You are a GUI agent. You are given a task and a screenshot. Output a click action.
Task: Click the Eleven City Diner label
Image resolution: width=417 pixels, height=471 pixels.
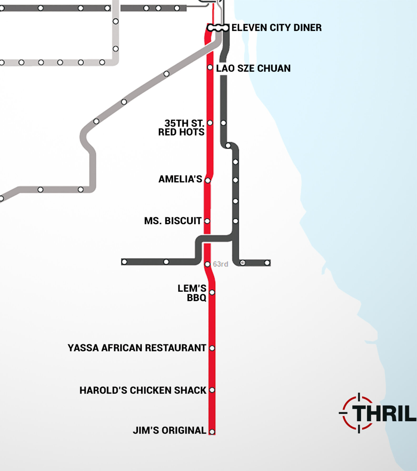[x=276, y=28]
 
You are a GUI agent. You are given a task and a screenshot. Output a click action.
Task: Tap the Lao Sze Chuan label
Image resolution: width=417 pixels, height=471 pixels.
[x=253, y=69]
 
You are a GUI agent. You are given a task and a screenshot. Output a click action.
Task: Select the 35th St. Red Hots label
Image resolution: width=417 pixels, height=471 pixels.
[x=181, y=128]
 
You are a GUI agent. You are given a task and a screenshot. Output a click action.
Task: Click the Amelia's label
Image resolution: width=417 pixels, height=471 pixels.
[x=180, y=179]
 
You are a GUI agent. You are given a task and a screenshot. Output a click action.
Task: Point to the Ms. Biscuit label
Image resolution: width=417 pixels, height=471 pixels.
[x=173, y=221]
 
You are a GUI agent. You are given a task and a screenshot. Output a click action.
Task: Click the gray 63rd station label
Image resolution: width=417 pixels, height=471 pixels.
[x=221, y=264]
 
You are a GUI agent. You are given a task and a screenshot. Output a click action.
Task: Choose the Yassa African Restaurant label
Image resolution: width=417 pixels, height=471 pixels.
[x=137, y=348]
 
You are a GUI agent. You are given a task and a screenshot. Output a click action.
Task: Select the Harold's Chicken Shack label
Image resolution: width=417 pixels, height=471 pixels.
[x=143, y=390]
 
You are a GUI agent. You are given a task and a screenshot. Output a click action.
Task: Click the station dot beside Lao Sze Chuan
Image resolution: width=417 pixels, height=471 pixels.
[x=210, y=68]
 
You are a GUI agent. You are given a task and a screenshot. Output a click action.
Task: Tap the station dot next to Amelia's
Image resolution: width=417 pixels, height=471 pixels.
[x=208, y=181]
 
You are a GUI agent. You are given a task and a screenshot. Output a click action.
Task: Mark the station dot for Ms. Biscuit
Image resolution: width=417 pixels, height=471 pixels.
[x=207, y=221]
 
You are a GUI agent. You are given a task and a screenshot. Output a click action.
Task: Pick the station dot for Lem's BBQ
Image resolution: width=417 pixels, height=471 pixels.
[x=212, y=292]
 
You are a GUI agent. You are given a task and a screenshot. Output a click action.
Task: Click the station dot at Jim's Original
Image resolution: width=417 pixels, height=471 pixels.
[x=212, y=432]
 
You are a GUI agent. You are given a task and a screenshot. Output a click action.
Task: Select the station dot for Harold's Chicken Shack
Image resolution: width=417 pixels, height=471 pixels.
[x=212, y=390]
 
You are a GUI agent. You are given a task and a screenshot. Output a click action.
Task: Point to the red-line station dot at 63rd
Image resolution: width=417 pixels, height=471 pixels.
[x=207, y=264]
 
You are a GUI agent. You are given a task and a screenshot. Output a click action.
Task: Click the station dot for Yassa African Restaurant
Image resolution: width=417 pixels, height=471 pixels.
[x=212, y=348]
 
